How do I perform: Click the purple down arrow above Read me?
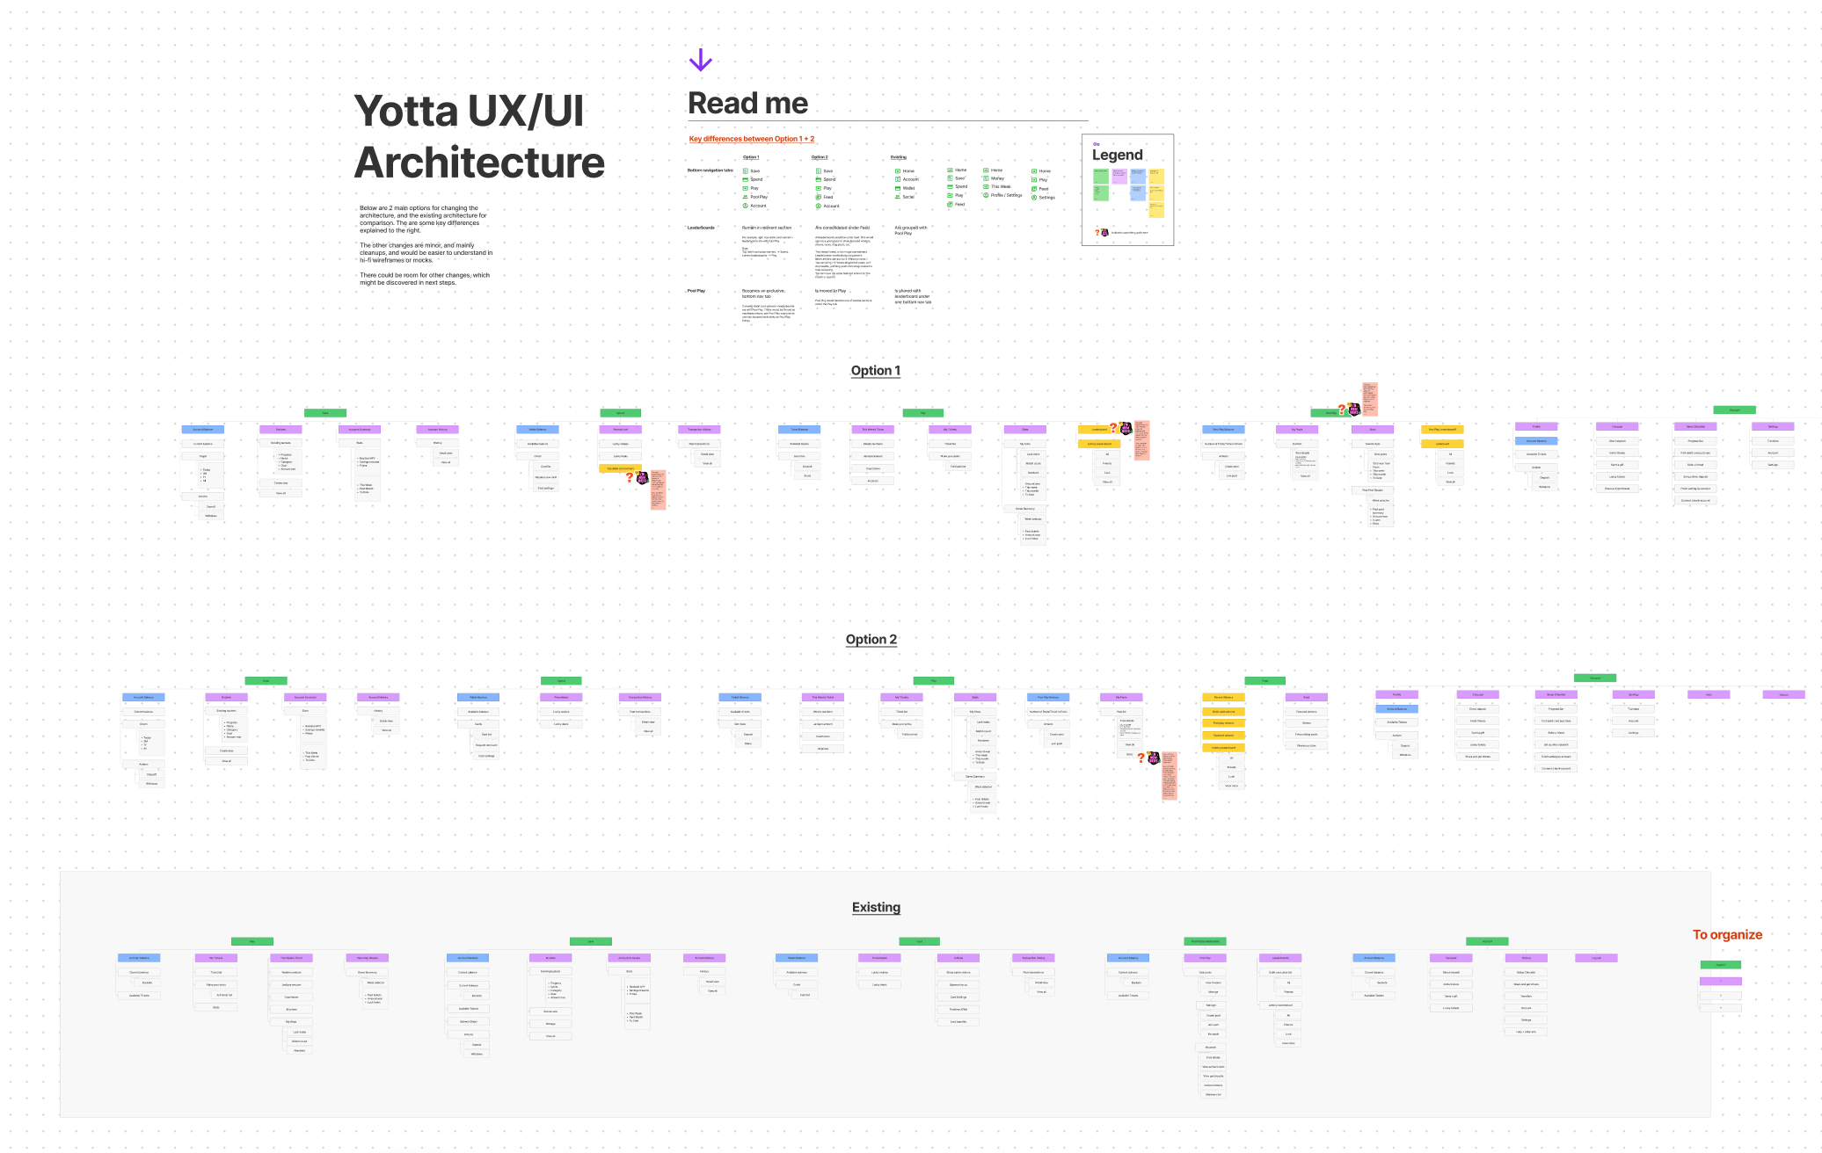[700, 60]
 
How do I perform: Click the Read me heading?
[747, 104]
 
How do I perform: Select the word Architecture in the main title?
[479, 163]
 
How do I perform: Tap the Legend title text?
[1117, 156]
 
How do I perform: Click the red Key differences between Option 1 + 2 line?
[751, 139]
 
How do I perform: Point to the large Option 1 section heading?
[875, 371]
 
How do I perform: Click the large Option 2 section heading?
[871, 640]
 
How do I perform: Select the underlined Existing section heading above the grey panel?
[876, 908]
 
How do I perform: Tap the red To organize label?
[1726, 935]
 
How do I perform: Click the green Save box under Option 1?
[325, 413]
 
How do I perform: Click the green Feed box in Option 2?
[1264, 681]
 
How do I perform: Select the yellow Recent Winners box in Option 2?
[1223, 698]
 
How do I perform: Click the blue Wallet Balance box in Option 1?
[537, 430]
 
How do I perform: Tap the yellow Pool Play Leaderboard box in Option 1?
[1442, 430]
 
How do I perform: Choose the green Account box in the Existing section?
[1487, 941]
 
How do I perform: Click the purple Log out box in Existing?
[1596, 958]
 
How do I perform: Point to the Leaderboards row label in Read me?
[701, 228]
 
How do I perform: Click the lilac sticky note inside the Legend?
[1119, 177]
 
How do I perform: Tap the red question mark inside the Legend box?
[1097, 233]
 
